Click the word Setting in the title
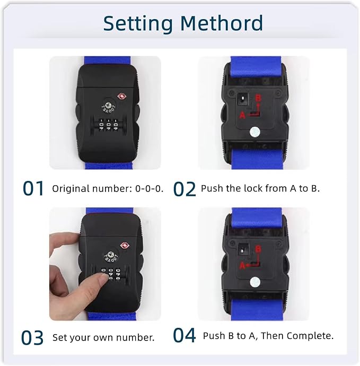[137, 24]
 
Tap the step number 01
[33, 188]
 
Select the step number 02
[185, 188]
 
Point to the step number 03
[33, 337]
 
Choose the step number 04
[185, 336]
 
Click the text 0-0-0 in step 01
[151, 189]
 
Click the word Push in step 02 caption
[211, 188]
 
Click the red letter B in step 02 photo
[258, 98]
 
